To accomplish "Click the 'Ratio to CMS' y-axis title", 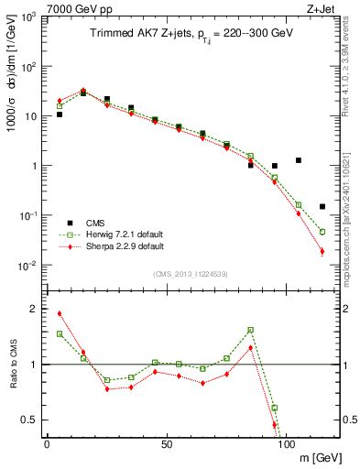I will pyautogui.click(x=13, y=365).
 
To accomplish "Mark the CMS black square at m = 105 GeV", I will pyautogui.click(x=299, y=160).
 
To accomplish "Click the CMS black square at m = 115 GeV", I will pyautogui.click(x=322, y=207).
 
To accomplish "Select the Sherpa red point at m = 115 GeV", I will pyautogui.click(x=322, y=251).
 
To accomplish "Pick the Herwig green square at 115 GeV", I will pyautogui.click(x=322, y=232).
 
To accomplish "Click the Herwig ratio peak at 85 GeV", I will pyautogui.click(x=250, y=330).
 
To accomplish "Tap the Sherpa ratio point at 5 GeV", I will pyautogui.click(x=60, y=313).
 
